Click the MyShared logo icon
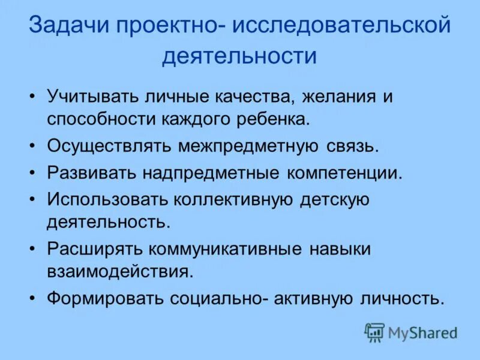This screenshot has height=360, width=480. click(374, 332)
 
